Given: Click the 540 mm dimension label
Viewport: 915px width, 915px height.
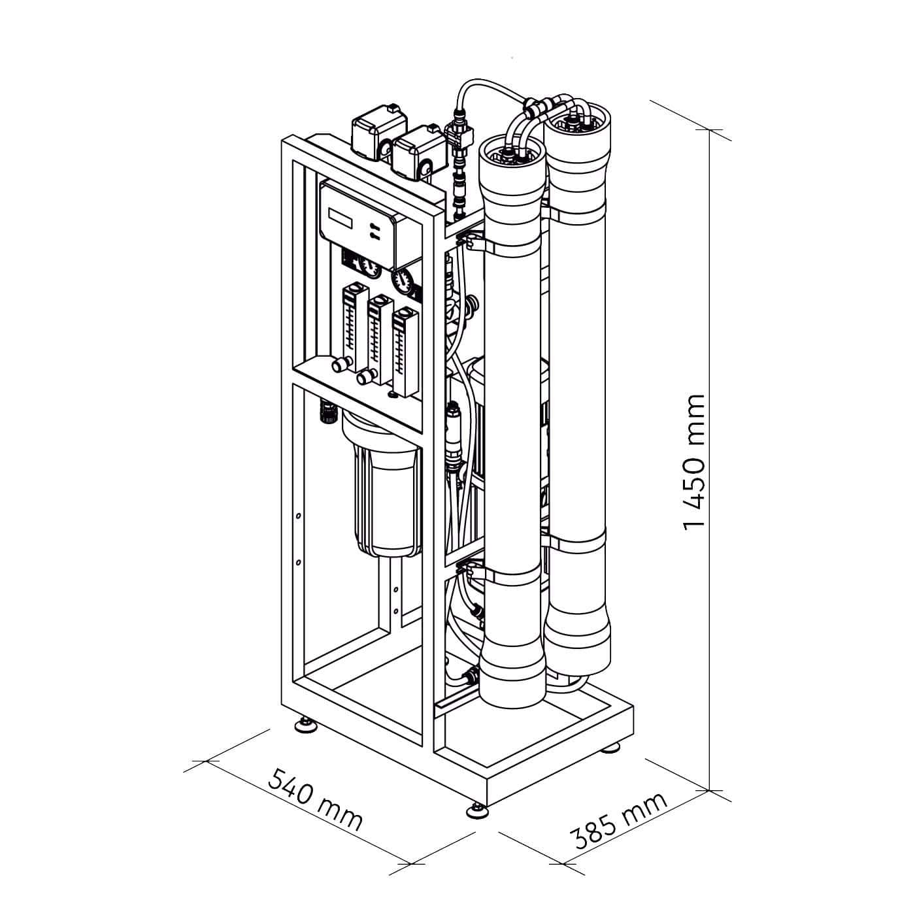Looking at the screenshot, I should (x=315, y=799).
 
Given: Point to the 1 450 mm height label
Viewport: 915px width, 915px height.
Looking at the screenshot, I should (x=694, y=461).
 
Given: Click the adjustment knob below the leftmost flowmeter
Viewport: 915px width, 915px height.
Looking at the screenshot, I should (x=339, y=364).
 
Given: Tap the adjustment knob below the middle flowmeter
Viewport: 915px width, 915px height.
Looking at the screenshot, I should (x=365, y=377).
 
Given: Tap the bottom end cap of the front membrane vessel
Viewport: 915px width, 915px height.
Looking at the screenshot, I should (x=512, y=680).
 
